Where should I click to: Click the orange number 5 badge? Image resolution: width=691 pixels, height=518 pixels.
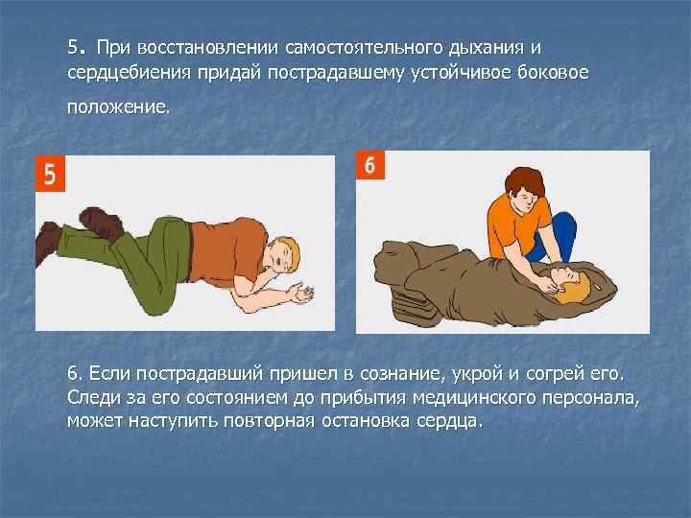tap(50, 174)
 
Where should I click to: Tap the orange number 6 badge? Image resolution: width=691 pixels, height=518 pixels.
tap(370, 165)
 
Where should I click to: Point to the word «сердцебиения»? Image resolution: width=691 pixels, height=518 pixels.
tap(130, 73)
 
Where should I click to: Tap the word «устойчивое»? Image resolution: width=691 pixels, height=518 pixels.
tap(460, 73)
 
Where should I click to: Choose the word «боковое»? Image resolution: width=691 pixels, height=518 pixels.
tap(553, 72)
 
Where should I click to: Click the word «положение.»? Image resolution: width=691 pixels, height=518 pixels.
tap(119, 107)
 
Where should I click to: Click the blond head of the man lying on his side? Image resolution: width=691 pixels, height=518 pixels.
tap(285, 256)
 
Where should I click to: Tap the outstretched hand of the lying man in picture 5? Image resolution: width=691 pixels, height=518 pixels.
tap(302, 294)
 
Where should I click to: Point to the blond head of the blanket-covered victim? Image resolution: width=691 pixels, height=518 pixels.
tap(572, 287)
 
